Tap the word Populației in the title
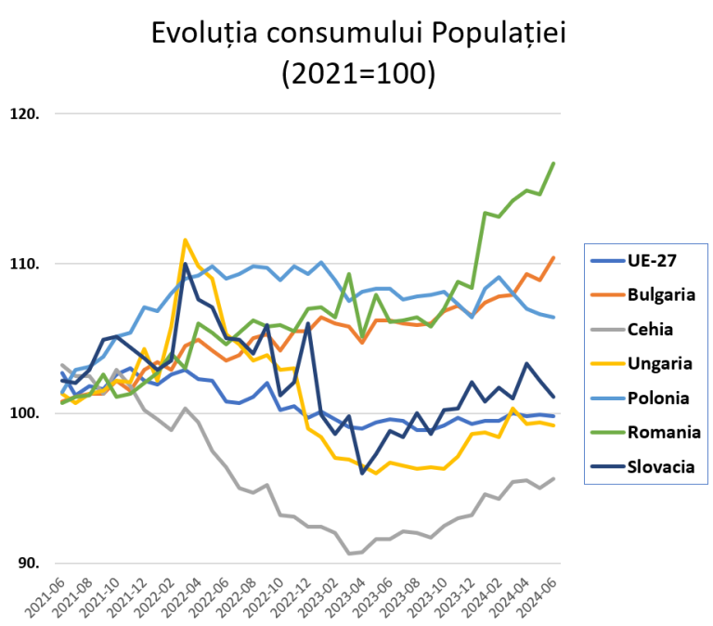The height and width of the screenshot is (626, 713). pyautogui.click(x=498, y=34)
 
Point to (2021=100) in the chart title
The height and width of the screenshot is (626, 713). pyautogui.click(x=357, y=73)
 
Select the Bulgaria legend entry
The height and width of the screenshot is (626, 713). pyautogui.click(x=661, y=294)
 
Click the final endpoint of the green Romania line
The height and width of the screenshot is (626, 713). pyautogui.click(x=554, y=163)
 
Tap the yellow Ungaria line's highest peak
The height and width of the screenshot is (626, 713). pyautogui.click(x=186, y=240)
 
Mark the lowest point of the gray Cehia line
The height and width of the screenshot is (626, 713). pyautogui.click(x=350, y=554)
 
